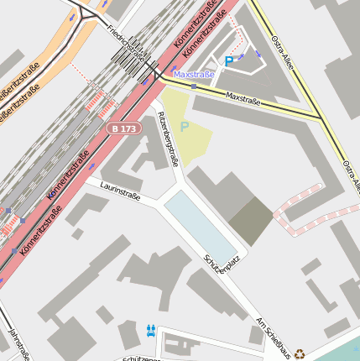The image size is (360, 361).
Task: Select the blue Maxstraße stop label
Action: pos(193,75)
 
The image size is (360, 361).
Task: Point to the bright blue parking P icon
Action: pos(228,60)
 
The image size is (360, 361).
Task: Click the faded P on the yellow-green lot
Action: pos(185,127)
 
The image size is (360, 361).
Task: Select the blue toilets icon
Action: pos(151,330)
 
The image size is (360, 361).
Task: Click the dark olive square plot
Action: pos(251,222)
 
